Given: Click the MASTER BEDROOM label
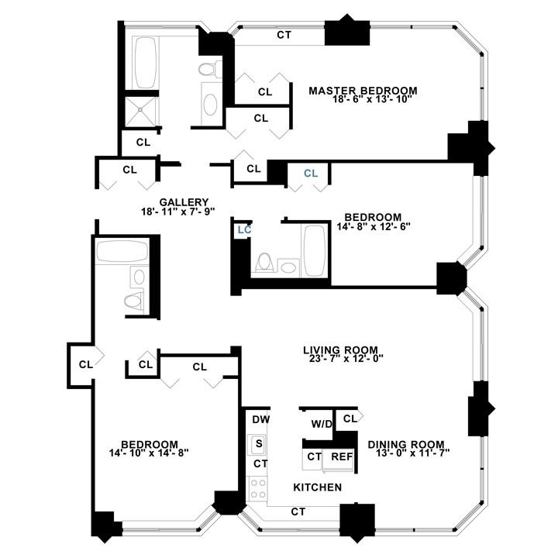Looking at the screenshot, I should click(363, 91).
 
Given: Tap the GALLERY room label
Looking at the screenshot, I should click(178, 201).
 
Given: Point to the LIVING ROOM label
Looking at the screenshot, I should click(343, 349).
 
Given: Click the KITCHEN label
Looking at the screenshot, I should click(317, 487).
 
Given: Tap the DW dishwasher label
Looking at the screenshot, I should click(260, 420).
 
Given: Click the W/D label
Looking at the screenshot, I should click(321, 424).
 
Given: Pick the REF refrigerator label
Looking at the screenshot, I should click(342, 456).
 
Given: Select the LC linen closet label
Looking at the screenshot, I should click(244, 229).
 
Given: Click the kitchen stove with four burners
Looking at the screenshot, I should click(257, 487).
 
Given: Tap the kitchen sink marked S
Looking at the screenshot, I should click(258, 444).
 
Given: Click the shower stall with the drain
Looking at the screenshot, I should click(140, 109).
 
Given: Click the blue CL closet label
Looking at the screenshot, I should click(311, 174).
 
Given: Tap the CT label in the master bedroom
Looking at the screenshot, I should click(284, 36).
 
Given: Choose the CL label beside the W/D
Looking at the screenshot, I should click(349, 418).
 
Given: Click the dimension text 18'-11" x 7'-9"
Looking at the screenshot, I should click(178, 212).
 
